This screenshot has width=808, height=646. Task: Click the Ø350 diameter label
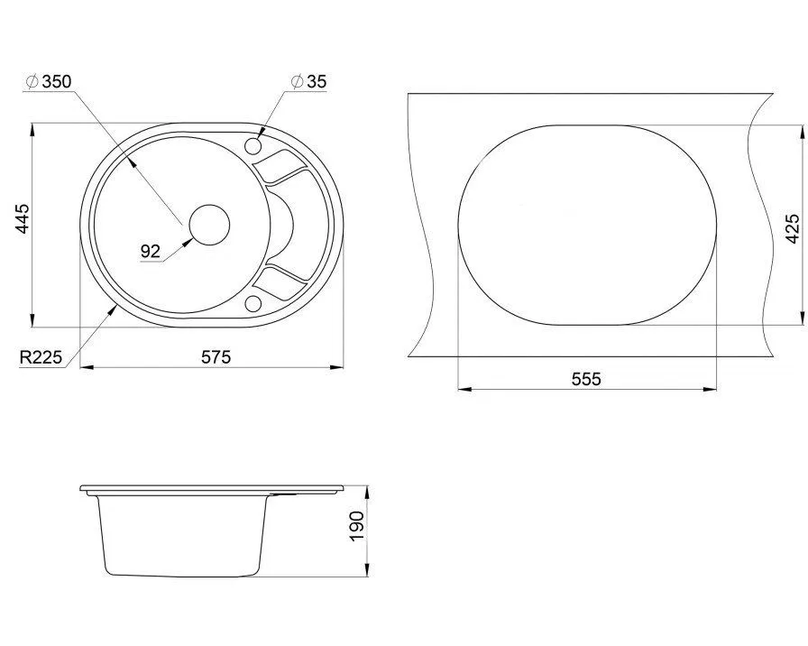point(49,81)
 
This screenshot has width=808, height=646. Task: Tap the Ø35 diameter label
point(308,81)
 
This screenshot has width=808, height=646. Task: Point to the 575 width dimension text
point(216,356)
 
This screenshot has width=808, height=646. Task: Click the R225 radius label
point(41,356)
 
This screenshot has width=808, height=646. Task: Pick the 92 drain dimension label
point(151,252)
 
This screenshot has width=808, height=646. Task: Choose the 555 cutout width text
point(586,379)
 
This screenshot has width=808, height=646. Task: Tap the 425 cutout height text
point(793,228)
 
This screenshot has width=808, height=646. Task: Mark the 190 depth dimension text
point(356,526)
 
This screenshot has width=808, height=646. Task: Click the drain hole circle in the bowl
point(209,225)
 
